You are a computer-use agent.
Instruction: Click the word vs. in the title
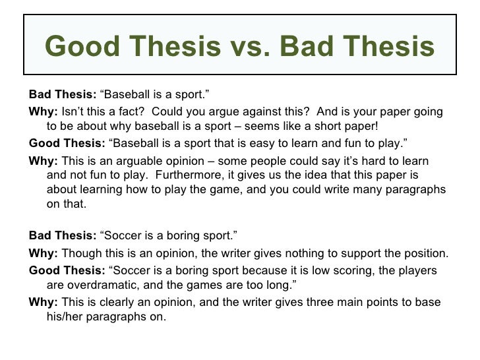[251, 47]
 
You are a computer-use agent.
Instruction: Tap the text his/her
[65, 316]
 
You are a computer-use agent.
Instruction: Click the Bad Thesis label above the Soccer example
[63, 235]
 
